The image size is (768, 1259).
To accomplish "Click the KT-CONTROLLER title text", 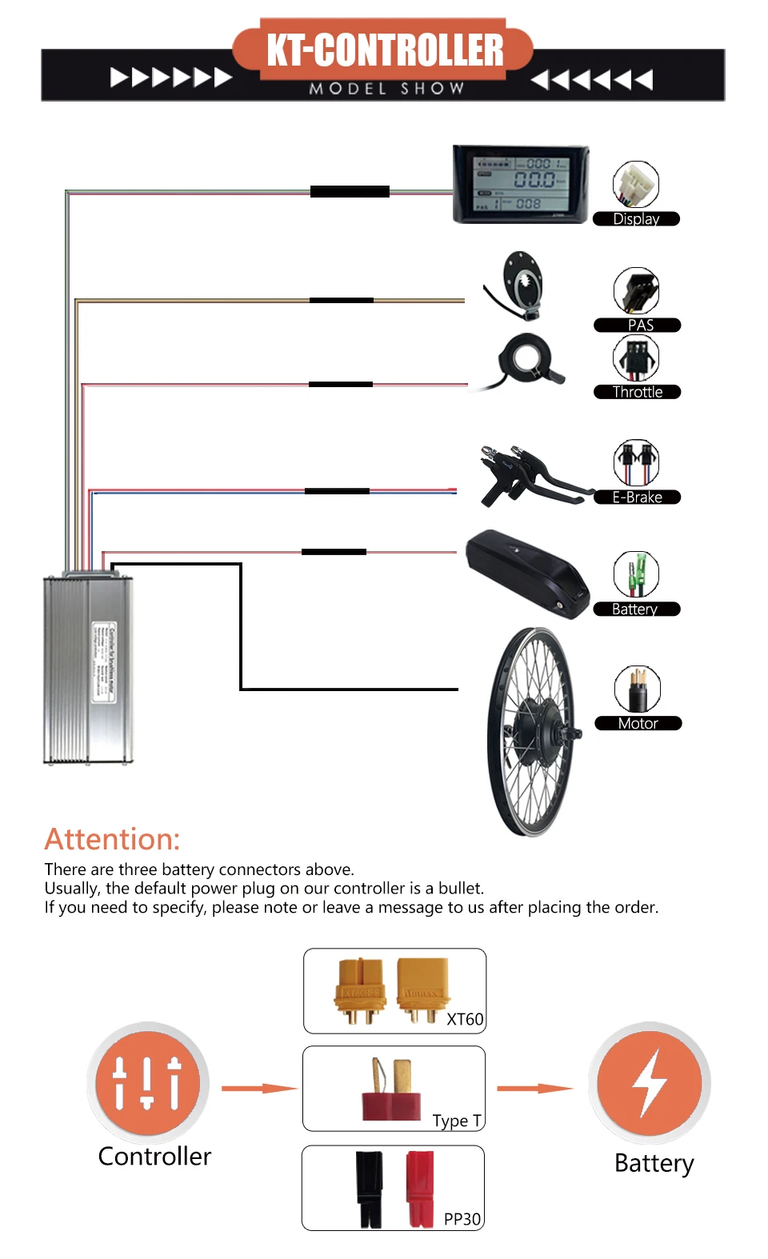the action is (385, 50).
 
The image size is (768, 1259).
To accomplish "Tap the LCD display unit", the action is (521, 184).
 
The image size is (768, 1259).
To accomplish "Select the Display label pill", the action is (636, 219).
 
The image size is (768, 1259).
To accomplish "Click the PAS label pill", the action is (638, 325).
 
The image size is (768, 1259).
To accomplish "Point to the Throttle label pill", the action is (638, 392).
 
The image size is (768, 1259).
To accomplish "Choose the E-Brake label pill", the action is (638, 498).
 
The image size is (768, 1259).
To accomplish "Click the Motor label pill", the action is (638, 723).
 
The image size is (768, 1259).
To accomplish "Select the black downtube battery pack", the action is (528, 573).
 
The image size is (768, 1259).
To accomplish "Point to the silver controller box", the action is (88, 668).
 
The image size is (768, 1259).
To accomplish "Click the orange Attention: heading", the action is (112, 839).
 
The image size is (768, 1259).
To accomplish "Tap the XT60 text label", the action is (465, 1019).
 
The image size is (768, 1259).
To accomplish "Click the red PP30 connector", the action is (419, 1188).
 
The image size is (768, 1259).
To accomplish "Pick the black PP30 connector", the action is (370, 1188).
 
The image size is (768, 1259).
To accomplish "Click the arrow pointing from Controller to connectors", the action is (258, 1088).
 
